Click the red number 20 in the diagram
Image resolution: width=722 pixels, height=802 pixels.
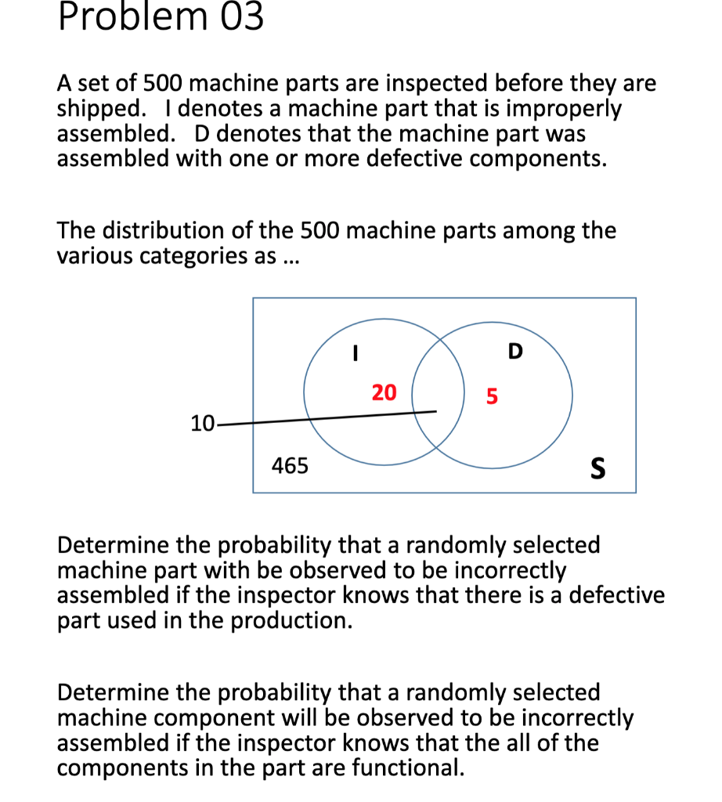[384, 392]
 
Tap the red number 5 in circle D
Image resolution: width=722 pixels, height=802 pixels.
[492, 396]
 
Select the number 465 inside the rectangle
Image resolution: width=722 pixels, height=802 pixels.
[290, 467]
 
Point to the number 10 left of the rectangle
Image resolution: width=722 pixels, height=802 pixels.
[202, 424]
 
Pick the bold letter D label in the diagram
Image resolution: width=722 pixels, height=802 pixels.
[514, 352]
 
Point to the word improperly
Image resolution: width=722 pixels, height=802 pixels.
[562, 108]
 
